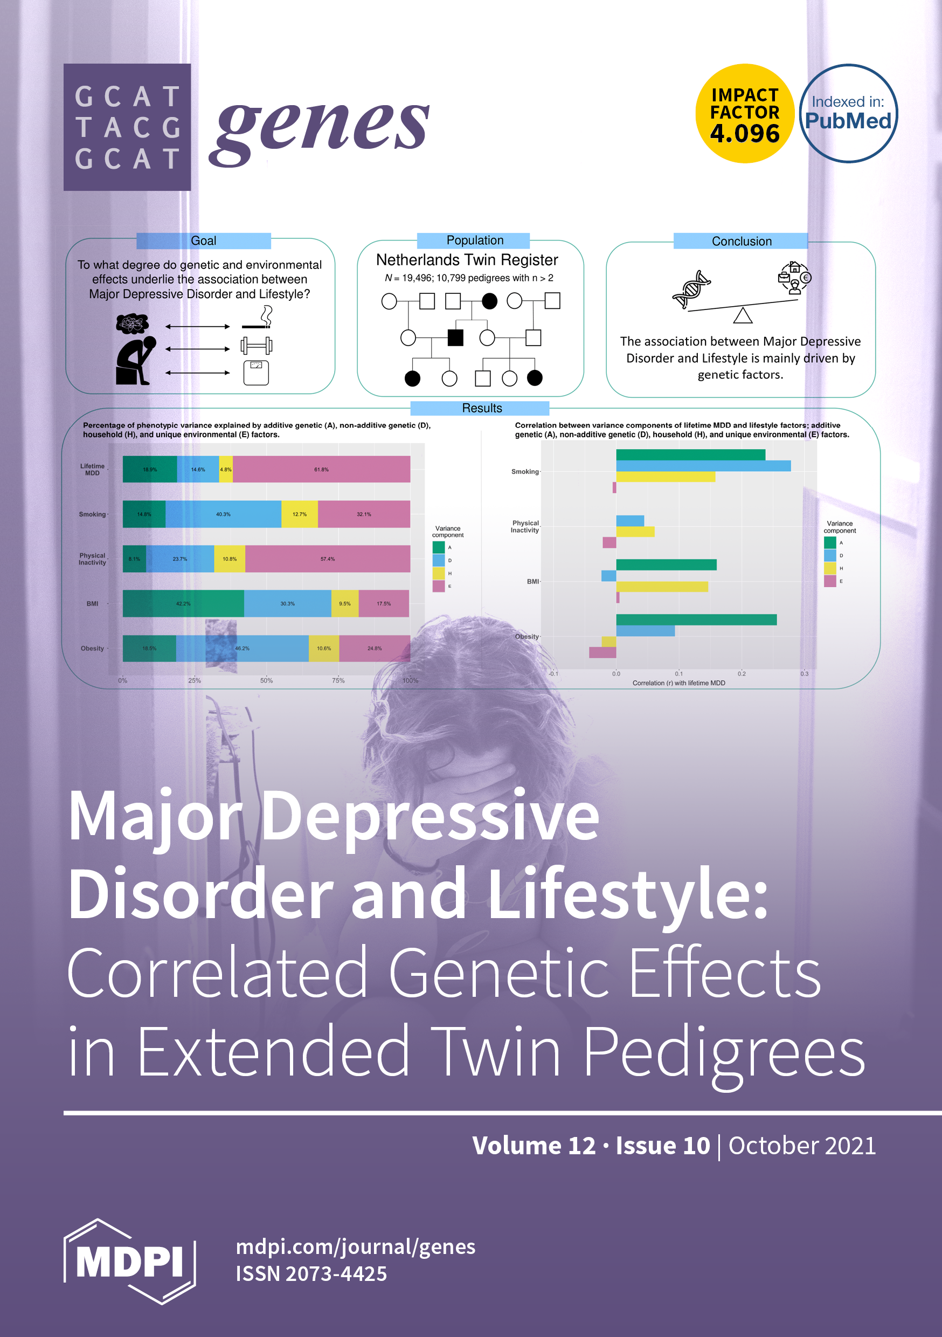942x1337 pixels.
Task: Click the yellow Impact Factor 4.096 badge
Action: click(x=745, y=114)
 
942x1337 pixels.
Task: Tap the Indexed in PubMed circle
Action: click(x=848, y=114)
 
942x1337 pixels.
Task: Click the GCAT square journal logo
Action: click(x=127, y=127)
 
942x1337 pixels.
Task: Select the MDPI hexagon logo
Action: click(x=129, y=1261)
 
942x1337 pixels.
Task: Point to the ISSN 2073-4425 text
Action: click(x=311, y=1273)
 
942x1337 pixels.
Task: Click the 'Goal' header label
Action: click(x=203, y=240)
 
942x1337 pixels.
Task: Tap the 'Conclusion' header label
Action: click(x=741, y=241)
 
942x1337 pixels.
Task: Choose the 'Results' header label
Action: click(x=481, y=408)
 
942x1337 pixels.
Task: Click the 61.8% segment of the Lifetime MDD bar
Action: click(x=321, y=470)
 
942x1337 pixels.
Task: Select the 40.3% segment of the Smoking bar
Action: click(x=223, y=514)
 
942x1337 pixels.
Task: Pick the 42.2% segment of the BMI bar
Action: click(x=183, y=603)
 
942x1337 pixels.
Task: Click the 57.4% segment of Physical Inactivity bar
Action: click(x=327, y=559)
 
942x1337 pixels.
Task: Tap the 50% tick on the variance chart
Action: click(x=266, y=680)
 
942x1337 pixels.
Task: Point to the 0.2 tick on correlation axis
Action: click(x=741, y=674)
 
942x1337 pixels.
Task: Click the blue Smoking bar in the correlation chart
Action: click(x=703, y=466)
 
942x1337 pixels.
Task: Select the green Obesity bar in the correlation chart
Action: click(x=696, y=619)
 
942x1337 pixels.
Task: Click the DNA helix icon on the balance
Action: click(x=691, y=290)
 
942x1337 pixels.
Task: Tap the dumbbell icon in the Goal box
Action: click(x=256, y=346)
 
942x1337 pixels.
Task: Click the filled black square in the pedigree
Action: click(x=455, y=337)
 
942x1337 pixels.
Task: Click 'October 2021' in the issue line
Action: click(x=802, y=1146)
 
